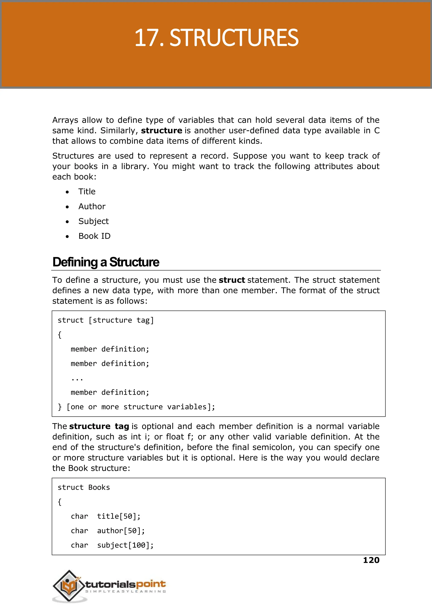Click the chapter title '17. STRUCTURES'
point(216,38)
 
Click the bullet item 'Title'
point(87,191)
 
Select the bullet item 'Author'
point(92,206)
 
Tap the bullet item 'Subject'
point(93,221)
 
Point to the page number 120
point(371,560)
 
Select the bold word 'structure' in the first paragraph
point(161,130)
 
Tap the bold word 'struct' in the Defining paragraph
point(232,280)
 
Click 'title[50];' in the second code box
point(119,516)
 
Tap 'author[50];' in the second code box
point(121,531)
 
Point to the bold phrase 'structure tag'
point(99,426)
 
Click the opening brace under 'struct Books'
point(59,502)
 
